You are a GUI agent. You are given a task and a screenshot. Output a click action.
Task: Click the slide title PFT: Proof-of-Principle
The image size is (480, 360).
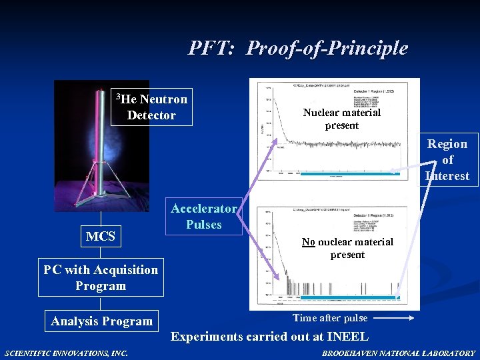click(x=297, y=48)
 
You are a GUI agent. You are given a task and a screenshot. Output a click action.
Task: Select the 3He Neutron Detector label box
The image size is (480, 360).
click(x=153, y=107)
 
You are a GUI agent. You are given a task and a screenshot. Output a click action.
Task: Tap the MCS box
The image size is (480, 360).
click(x=101, y=236)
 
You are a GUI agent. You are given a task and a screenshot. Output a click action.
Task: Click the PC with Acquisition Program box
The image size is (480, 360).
click(x=101, y=277)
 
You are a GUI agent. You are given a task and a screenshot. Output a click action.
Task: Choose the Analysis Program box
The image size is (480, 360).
click(x=102, y=321)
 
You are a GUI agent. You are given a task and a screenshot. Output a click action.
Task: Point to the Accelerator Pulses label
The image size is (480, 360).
click(x=203, y=217)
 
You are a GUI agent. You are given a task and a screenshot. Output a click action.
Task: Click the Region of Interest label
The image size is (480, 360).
click(x=447, y=160)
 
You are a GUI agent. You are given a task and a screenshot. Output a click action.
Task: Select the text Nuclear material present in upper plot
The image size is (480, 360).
click(x=341, y=119)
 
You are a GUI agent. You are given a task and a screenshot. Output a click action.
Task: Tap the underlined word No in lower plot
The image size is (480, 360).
click(x=308, y=242)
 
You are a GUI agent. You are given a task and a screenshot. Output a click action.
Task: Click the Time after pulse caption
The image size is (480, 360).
click(x=330, y=318)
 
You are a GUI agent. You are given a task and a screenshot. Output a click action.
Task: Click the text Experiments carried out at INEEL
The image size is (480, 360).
click(x=269, y=336)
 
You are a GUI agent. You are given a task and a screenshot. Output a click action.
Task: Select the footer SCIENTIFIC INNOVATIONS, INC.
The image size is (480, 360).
click(x=66, y=353)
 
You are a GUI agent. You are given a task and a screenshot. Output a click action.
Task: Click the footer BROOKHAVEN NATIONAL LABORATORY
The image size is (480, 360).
click(x=399, y=353)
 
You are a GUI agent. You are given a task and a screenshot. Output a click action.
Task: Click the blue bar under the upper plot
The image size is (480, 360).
click(x=347, y=174)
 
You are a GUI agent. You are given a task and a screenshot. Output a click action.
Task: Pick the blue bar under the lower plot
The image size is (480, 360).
click(x=347, y=297)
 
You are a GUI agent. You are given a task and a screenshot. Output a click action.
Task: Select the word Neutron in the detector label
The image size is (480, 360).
click(x=163, y=99)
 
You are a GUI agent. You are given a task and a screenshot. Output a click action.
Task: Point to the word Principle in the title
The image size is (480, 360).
click(x=371, y=48)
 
